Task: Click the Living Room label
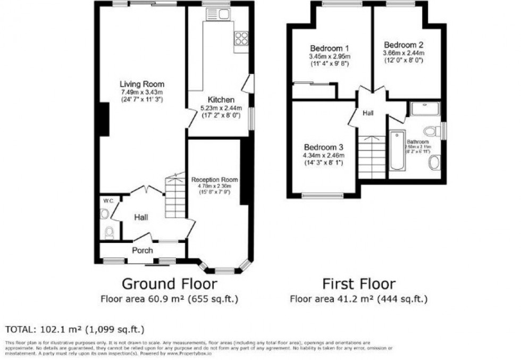pyautogui.click(x=141, y=84)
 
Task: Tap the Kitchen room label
pyautogui.click(x=221, y=99)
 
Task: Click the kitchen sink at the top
pyautogui.click(x=221, y=14)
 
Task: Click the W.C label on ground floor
pyautogui.click(x=108, y=200)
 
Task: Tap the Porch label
pyautogui.click(x=142, y=250)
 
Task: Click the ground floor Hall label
pyautogui.click(x=141, y=217)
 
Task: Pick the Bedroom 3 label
pyautogui.click(x=323, y=147)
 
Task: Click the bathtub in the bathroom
pyautogui.click(x=396, y=152)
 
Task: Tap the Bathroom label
pyautogui.click(x=418, y=142)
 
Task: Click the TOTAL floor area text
pyautogui.click(x=74, y=329)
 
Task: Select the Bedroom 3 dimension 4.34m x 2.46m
pyautogui.click(x=323, y=155)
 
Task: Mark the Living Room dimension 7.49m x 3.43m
pyautogui.click(x=141, y=92)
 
